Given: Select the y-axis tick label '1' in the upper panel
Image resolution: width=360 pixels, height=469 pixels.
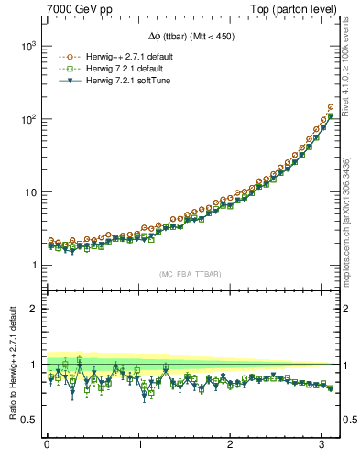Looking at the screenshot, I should (x=32, y=266).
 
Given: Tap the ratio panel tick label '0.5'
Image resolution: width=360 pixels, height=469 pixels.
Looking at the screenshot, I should (x=27, y=420).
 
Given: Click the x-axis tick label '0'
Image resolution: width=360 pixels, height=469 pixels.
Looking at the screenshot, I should (x=47, y=443).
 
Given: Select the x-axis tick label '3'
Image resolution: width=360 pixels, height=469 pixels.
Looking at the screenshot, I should (x=322, y=443).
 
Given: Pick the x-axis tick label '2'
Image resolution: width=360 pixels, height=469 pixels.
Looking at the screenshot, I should (x=231, y=443).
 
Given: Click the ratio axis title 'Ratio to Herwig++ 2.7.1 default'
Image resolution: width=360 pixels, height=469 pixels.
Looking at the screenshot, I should (x=11, y=364).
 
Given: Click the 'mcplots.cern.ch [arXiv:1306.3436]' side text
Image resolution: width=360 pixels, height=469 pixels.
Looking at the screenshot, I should (x=349, y=220).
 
